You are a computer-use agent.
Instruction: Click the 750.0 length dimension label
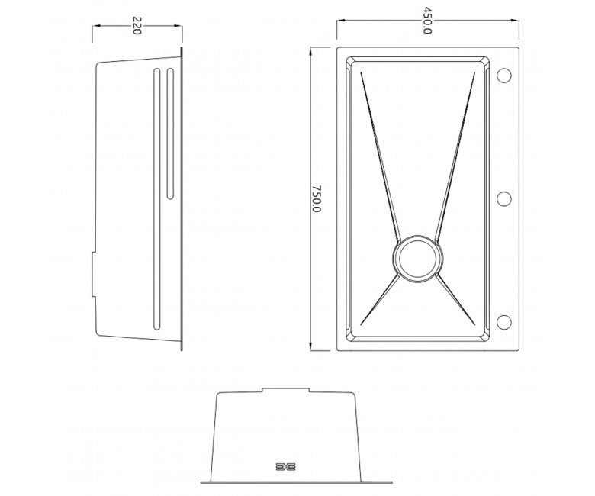click(x=317, y=199)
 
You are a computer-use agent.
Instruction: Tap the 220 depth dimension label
click(x=137, y=25)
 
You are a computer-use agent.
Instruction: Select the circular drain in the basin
click(x=417, y=259)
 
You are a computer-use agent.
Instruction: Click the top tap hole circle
click(x=503, y=76)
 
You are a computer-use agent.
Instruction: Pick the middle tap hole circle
click(x=503, y=199)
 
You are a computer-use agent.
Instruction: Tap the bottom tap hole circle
click(x=503, y=322)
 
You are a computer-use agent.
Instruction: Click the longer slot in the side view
click(x=156, y=198)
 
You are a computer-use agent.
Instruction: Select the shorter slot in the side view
click(x=170, y=134)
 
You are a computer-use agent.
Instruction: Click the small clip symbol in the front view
click(x=286, y=466)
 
